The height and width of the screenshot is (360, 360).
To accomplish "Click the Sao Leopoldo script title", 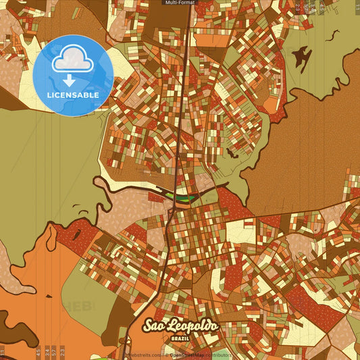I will pos(180,326).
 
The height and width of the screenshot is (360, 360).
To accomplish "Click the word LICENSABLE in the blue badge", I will pos(73,95).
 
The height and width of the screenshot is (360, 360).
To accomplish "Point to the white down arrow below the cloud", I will pos(69,80).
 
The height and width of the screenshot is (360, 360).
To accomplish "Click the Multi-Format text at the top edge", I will pos(180,3).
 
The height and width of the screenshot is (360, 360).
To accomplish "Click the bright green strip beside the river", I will pos(180,197).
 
